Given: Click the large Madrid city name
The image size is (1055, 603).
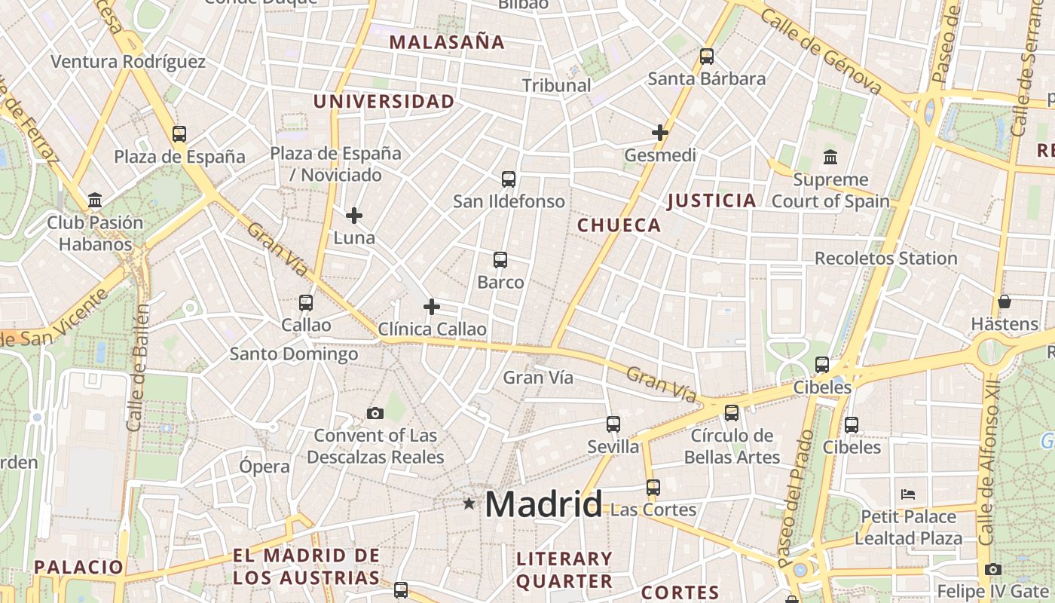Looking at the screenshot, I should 543,504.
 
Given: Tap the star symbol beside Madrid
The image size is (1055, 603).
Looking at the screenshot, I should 469,503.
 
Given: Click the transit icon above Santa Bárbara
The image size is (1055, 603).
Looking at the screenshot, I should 706,56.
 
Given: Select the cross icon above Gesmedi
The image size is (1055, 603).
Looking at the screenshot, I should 660,133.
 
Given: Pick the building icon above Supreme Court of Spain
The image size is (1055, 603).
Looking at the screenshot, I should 830,158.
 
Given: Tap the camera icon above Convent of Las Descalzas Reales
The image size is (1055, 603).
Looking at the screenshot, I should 375,413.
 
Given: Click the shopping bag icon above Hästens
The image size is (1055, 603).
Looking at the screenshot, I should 1005,301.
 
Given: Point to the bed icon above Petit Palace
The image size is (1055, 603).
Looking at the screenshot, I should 908,494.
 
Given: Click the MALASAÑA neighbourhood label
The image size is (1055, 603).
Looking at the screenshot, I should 447,42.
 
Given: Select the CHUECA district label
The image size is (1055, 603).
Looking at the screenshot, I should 619,225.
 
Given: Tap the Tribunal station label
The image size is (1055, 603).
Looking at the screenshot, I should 557,85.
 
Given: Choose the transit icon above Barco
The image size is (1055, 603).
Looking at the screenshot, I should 500,260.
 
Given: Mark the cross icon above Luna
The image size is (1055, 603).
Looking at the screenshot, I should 353,216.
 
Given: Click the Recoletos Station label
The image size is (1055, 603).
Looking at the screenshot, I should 885,259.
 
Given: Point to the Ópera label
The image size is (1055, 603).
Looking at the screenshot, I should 264,466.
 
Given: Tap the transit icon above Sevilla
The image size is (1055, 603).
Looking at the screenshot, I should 613,424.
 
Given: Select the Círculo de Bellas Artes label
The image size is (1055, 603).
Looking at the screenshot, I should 732,446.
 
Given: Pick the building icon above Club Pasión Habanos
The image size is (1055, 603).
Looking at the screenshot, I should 95,200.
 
